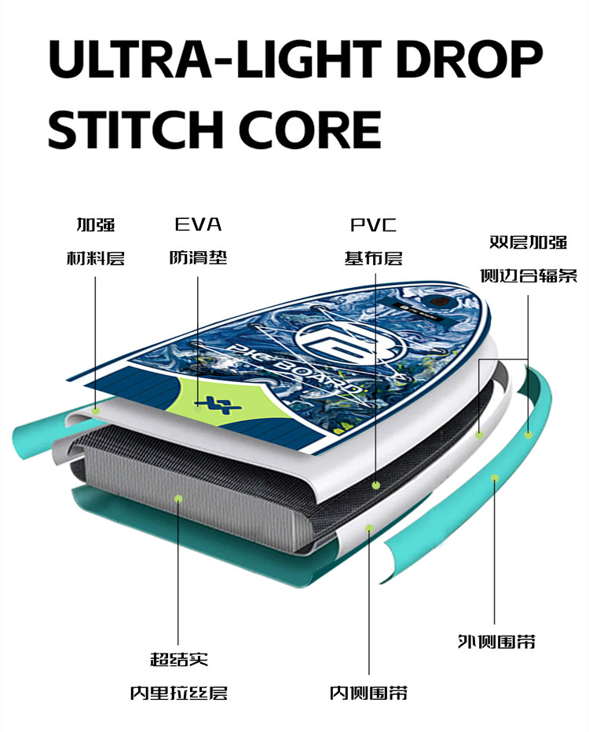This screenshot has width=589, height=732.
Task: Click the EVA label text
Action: (198, 225)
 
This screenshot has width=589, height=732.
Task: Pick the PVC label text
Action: (373, 226)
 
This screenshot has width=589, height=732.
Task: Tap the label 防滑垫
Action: (198, 257)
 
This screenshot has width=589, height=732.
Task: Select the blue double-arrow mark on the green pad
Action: (209, 403)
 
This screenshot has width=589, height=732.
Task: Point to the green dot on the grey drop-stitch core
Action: (179, 497)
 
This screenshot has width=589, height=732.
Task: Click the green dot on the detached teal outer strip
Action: (495, 477)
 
